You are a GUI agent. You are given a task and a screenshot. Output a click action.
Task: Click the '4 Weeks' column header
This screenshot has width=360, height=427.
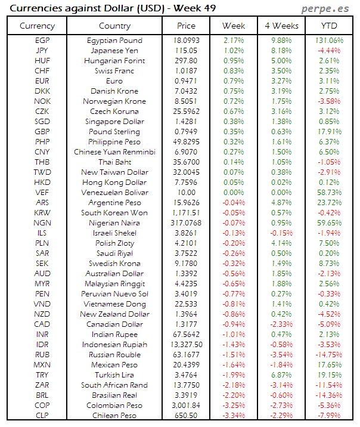pos(281,26)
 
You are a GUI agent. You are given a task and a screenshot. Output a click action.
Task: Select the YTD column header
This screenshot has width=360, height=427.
pos(328,26)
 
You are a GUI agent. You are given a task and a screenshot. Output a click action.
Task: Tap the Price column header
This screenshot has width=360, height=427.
pos(186,26)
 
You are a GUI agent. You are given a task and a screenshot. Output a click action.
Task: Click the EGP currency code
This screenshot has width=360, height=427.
pos(42,41)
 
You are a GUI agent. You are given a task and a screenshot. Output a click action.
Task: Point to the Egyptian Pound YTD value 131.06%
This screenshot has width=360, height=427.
pos(328,41)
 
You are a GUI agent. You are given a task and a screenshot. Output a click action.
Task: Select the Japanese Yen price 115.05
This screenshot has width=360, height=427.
pos(186,51)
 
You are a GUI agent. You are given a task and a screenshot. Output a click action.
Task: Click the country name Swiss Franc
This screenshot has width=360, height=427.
pos(114,71)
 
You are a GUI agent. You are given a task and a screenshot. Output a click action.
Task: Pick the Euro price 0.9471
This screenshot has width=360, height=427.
pos(186,81)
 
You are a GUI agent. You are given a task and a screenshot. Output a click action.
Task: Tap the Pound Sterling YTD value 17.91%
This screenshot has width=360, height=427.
pos(328,132)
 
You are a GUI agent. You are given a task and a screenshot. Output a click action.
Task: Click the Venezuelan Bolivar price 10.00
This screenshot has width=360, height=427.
pos(186,193)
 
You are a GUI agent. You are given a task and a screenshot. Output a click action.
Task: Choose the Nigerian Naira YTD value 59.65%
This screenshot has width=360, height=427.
pos(328,223)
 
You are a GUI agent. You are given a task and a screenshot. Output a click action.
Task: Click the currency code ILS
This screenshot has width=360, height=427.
pos(42,233)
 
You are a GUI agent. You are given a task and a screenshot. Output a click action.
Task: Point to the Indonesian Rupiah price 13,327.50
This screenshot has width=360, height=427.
pos(186,345)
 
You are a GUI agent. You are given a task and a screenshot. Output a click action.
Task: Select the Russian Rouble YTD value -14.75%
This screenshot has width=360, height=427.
pos(328,355)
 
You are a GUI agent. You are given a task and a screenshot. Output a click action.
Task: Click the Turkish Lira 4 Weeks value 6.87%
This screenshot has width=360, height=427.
pos(281,375)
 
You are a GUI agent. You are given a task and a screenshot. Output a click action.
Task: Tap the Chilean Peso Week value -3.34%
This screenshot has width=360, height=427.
pos(233,416)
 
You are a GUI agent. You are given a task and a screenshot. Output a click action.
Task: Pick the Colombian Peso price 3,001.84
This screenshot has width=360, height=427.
pos(186,406)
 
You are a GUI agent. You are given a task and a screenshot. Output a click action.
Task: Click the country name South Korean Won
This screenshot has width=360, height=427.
pos(114,213)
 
